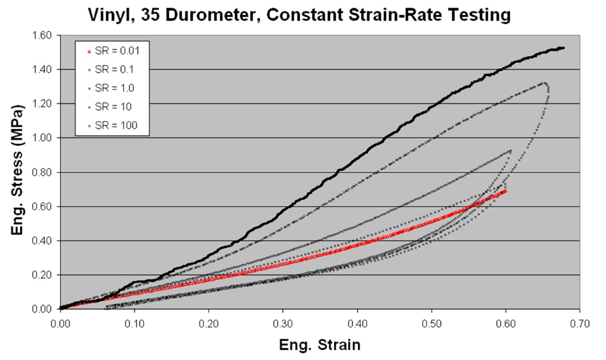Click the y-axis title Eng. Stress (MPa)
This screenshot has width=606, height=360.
[18, 172]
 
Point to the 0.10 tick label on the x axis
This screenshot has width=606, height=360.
[134, 323]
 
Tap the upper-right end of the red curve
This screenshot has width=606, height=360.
[505, 191]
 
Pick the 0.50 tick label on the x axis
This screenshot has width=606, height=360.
[431, 323]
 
